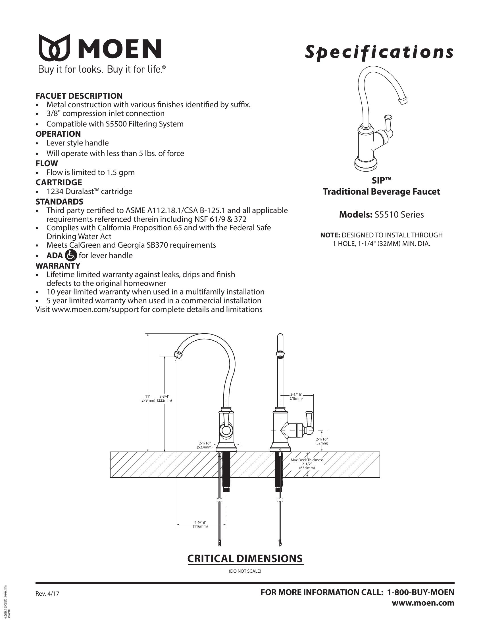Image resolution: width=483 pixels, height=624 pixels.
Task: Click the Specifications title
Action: click(x=379, y=52)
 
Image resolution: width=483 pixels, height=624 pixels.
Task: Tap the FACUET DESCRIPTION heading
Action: click(x=79, y=96)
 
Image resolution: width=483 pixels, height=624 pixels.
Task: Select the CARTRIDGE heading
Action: click(x=59, y=182)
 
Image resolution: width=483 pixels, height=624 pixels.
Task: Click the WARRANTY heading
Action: click(x=58, y=266)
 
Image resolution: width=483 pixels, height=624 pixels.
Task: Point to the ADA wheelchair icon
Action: click(x=71, y=255)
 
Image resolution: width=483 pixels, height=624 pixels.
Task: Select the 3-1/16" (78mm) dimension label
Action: click(x=296, y=396)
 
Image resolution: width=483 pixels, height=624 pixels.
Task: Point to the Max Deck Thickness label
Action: click(x=307, y=460)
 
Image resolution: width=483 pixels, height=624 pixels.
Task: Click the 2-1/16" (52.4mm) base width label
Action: click(x=205, y=445)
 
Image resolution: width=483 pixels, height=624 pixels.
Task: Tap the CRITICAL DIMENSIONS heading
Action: click(x=245, y=558)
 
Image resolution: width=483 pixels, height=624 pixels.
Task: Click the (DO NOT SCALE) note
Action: click(x=245, y=571)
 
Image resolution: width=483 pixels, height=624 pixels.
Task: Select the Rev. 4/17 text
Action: click(x=47, y=594)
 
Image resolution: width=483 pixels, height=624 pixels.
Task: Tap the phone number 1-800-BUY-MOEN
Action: click(x=420, y=592)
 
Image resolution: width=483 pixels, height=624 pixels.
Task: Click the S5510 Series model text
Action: click(x=399, y=215)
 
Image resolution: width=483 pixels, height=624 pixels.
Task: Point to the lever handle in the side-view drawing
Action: click(x=309, y=420)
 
